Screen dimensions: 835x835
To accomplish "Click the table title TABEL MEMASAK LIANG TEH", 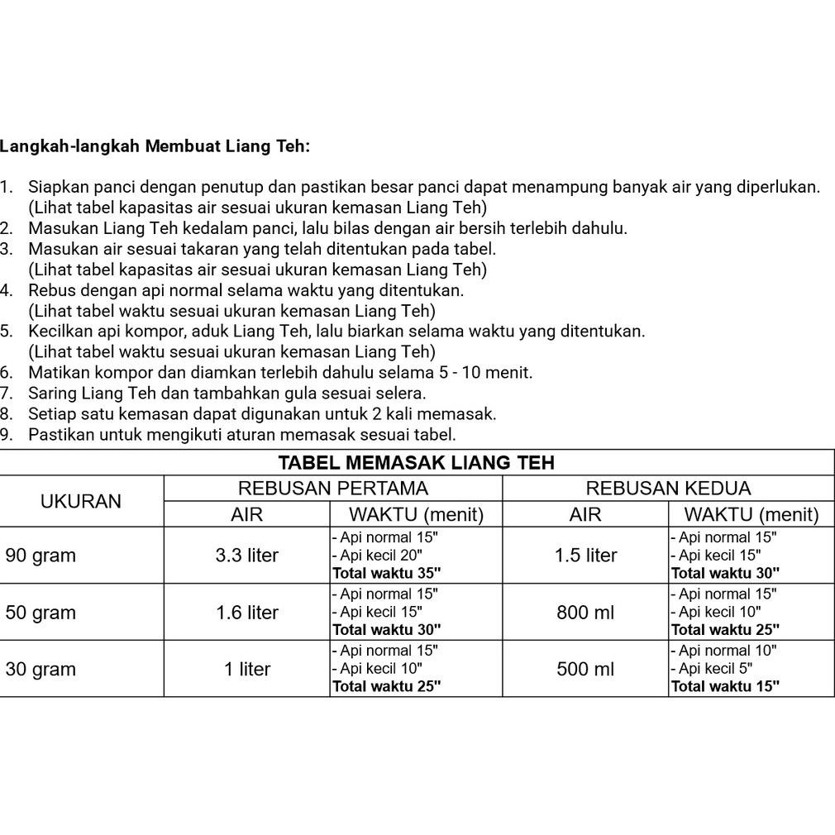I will pyautogui.click(x=416, y=462).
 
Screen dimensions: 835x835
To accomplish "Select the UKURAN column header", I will pyautogui.click(x=81, y=501).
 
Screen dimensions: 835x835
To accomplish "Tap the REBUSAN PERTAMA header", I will pyautogui.click(x=333, y=488).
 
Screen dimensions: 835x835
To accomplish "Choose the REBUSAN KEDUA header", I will pyautogui.click(x=668, y=488).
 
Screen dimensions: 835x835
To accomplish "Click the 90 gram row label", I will pyautogui.click(x=41, y=556).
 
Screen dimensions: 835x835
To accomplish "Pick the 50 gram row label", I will pyautogui.click(x=41, y=613).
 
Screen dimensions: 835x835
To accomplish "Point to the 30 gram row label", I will pyautogui.click(x=41, y=670).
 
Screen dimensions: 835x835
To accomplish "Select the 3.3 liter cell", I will pyautogui.click(x=246, y=556).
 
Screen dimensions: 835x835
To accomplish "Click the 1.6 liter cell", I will pyautogui.click(x=246, y=613).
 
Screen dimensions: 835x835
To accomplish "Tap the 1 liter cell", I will pyautogui.click(x=246, y=670).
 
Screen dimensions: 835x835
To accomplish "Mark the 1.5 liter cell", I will pyautogui.click(x=585, y=556).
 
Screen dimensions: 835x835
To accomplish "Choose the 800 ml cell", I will pyautogui.click(x=585, y=613).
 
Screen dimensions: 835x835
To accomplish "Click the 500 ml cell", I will pyautogui.click(x=585, y=670).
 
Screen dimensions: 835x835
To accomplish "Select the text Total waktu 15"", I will pyautogui.click(x=725, y=686).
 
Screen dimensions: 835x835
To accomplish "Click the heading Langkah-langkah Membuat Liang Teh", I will pyautogui.click(x=155, y=146).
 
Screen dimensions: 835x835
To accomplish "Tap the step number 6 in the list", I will pyautogui.click(x=7, y=373).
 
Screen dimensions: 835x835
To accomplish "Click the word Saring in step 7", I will pyautogui.click(x=51, y=394).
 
